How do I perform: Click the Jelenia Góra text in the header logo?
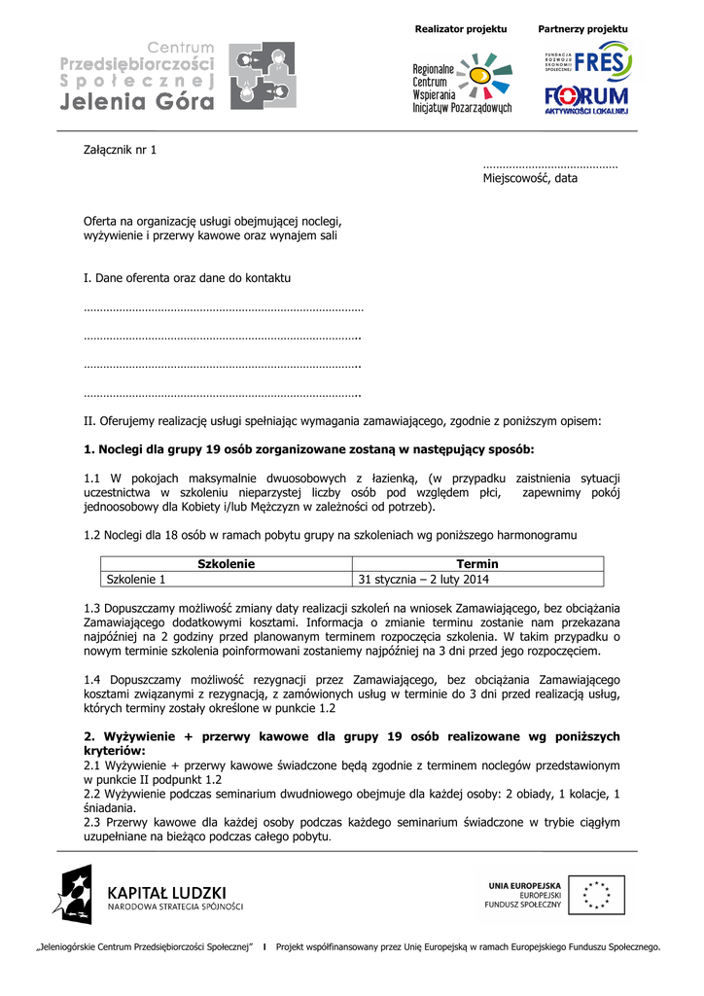tap(137, 103)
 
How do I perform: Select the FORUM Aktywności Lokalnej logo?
tap(586, 100)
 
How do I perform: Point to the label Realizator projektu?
tap(461, 29)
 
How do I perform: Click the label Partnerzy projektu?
tap(583, 29)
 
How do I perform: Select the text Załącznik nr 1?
tap(120, 150)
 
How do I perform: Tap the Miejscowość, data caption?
tap(530, 178)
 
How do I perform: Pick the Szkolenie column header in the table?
tap(226, 564)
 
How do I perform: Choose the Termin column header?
tap(477, 564)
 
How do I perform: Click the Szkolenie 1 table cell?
tap(136, 580)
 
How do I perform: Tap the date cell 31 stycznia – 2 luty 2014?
tap(424, 580)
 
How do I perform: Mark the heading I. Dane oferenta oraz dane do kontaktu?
tap(187, 278)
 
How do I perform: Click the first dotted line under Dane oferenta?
tap(223, 309)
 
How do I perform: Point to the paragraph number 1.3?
tap(92, 609)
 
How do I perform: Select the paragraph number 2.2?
tap(92, 794)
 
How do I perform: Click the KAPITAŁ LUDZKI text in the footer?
tap(166, 892)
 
